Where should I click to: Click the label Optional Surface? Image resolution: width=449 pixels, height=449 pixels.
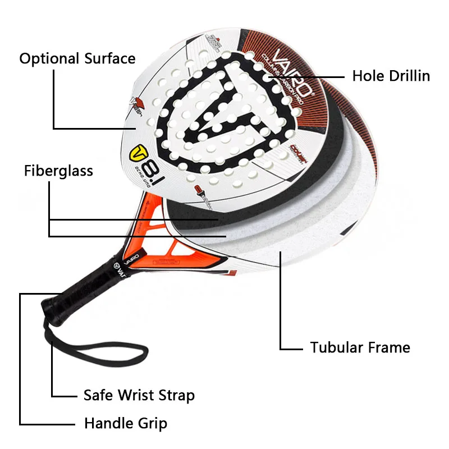click(x=77, y=58)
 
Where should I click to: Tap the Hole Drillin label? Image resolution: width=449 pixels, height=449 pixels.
click(x=391, y=76)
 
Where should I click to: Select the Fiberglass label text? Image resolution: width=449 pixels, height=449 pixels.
click(x=58, y=171)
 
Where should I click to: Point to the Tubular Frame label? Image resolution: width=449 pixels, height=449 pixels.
click(x=360, y=347)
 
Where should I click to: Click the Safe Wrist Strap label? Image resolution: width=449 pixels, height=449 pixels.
click(x=139, y=395)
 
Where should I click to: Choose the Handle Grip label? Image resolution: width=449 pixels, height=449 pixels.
click(x=126, y=423)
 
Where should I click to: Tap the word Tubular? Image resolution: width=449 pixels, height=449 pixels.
click(x=335, y=347)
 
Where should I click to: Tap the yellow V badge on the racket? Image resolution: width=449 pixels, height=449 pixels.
click(x=138, y=153)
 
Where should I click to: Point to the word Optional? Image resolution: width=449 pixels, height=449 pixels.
click(x=49, y=58)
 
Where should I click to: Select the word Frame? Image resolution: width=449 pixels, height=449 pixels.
click(x=387, y=347)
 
